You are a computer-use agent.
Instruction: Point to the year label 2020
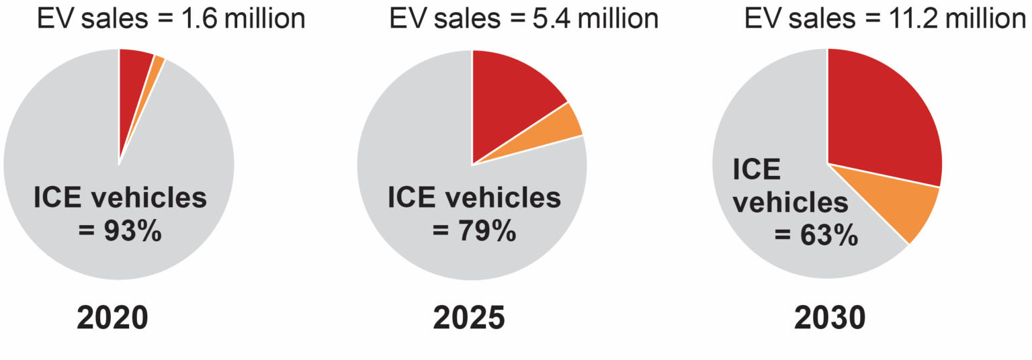pyautogui.click(x=112, y=317)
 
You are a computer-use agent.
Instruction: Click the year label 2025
pyautogui.click(x=468, y=317)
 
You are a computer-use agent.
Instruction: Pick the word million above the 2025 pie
pyautogui.click(x=619, y=19)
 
